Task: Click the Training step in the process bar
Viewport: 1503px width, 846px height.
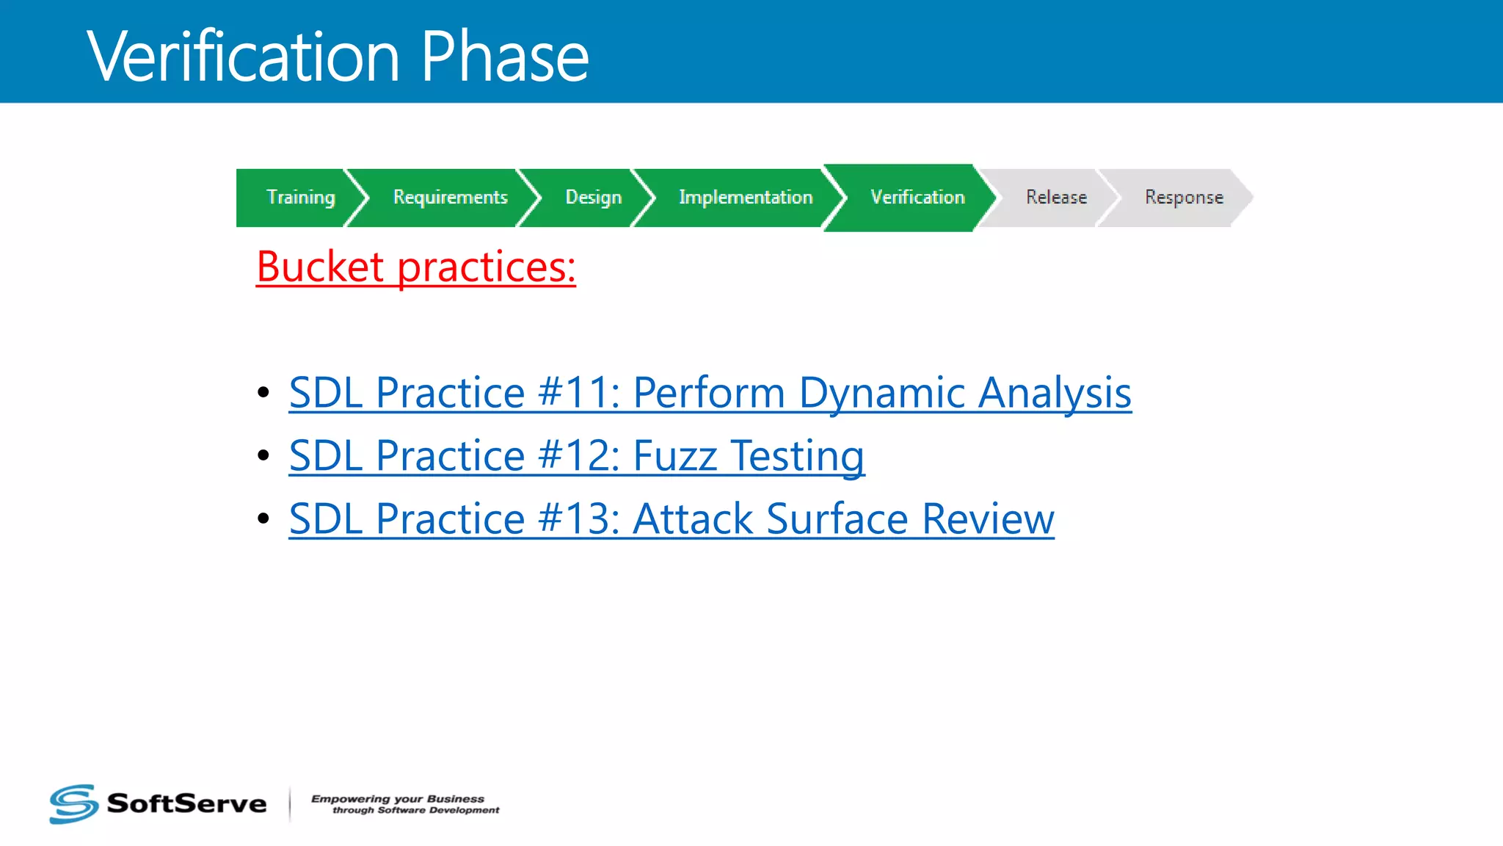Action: [300, 198]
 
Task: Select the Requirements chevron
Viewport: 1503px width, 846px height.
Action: [450, 198]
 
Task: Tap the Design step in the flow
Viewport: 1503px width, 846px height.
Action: [593, 198]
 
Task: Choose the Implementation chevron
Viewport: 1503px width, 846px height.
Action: [745, 198]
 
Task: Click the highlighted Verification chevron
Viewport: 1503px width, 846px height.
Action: [917, 198]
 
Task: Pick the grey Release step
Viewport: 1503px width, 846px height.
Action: [1055, 198]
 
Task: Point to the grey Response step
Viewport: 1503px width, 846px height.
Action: [1183, 198]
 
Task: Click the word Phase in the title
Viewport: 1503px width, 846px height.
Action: [505, 57]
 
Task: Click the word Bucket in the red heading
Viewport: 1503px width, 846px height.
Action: [320, 267]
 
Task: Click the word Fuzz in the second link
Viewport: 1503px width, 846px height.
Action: [674, 456]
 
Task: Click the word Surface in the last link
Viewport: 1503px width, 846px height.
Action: [837, 519]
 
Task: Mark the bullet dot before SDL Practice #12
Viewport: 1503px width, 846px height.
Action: [263, 456]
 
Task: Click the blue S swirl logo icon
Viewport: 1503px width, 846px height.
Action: [73, 803]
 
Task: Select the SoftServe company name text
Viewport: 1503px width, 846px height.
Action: [186, 803]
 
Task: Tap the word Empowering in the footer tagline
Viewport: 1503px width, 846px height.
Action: [350, 799]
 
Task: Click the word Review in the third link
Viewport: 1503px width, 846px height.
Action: [988, 519]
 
